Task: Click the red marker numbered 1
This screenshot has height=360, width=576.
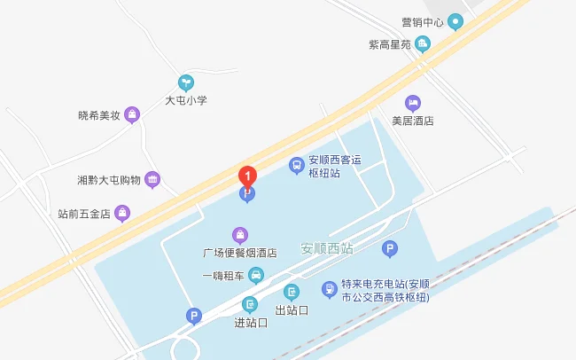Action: (x=249, y=176)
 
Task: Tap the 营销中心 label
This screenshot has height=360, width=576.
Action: (x=420, y=20)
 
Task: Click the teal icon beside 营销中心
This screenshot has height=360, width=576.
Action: (x=455, y=21)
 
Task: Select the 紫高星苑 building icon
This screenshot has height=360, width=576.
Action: (x=423, y=43)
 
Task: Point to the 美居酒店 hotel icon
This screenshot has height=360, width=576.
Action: (x=412, y=103)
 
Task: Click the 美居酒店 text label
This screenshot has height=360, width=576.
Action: (x=412, y=121)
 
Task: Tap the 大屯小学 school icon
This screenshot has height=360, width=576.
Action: (x=186, y=82)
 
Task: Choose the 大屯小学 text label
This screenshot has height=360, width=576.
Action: (x=186, y=100)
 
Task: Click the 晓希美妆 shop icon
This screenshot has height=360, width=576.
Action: (x=132, y=114)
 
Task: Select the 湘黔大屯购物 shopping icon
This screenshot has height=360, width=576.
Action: (x=152, y=179)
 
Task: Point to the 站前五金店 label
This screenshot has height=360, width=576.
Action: (x=83, y=213)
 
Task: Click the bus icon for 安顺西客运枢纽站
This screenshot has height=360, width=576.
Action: (x=296, y=164)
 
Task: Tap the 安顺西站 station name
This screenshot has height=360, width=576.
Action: (x=327, y=248)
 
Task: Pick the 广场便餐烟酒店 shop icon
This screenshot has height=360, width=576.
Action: (x=239, y=235)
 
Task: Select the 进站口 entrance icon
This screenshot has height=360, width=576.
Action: (x=251, y=304)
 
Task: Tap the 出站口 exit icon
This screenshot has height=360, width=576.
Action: (x=292, y=292)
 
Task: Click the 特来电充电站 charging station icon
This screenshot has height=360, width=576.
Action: (x=329, y=288)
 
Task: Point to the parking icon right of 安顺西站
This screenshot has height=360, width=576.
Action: (x=389, y=249)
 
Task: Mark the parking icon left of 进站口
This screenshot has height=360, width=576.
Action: (x=193, y=315)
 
